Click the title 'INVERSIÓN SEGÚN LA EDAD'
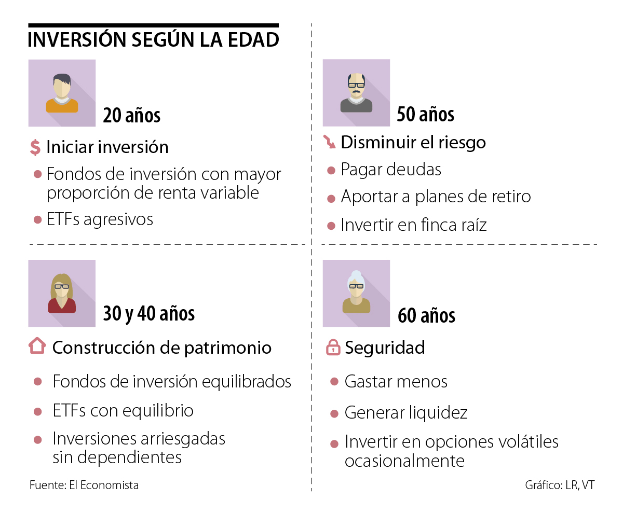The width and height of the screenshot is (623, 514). (x=153, y=40)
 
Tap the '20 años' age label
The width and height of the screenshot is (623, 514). (x=131, y=115)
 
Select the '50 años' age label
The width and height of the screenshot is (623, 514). (x=425, y=115)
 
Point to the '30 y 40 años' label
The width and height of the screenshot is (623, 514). (x=149, y=313)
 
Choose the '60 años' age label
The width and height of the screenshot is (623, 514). (x=426, y=315)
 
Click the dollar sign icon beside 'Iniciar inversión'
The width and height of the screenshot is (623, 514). (x=35, y=147)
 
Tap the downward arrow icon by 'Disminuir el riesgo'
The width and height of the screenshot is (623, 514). (x=329, y=142)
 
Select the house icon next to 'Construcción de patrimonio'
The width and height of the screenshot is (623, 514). (x=37, y=346)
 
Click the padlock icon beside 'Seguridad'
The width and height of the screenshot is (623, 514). (x=332, y=348)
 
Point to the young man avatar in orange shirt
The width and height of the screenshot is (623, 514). (x=62, y=93)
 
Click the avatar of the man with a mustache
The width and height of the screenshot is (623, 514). (x=356, y=93)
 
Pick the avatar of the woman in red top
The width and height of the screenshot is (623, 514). (x=62, y=294)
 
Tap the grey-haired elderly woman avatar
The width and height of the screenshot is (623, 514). (x=356, y=294)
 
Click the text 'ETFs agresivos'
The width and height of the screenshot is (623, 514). (x=100, y=219)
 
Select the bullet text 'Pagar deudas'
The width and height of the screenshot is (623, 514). (x=391, y=170)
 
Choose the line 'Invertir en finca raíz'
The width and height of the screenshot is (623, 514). (x=414, y=225)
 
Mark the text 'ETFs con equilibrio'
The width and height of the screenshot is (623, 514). (x=123, y=411)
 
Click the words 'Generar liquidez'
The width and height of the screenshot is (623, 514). (x=406, y=413)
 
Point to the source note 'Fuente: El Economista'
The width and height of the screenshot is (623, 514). (x=84, y=485)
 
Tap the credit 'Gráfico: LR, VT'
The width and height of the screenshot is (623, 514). (x=560, y=485)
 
